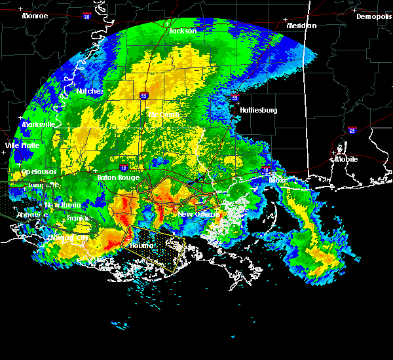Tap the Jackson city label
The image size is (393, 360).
click(x=183, y=31)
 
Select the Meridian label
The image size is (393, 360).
click(x=301, y=26)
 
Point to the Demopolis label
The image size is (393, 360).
click(x=373, y=17)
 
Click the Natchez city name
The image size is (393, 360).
click(x=90, y=92)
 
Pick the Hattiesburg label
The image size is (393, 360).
click(x=259, y=110)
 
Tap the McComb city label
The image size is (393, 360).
click(x=164, y=115)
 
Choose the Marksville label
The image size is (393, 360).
click(x=38, y=124)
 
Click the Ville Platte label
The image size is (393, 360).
click(x=22, y=145)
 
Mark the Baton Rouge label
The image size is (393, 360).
click(x=115, y=177)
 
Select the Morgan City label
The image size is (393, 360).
click(x=67, y=239)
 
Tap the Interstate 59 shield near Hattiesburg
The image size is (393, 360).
click(x=234, y=98)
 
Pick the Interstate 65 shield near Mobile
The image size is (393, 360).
click(x=352, y=130)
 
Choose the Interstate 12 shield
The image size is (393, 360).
click(x=123, y=168)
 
